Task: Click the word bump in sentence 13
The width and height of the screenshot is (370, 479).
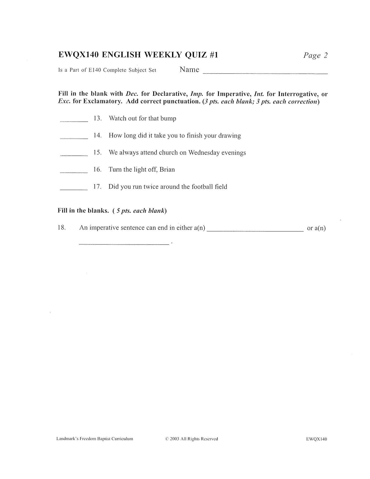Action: pyautogui.click(x=168, y=119)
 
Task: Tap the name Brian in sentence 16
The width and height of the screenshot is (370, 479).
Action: pyautogui.click(x=167, y=170)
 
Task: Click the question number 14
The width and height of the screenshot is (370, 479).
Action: pyautogui.click(x=98, y=136)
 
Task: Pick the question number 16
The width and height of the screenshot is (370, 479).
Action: pyautogui.click(x=98, y=170)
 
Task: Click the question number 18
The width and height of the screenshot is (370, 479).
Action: pyautogui.click(x=62, y=228)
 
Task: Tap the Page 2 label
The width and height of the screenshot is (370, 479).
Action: pyautogui.click(x=315, y=55)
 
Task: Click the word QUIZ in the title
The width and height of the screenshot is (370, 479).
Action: pyautogui.click(x=196, y=55)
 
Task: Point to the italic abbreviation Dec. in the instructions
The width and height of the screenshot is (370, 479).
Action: pyautogui.click(x=132, y=94)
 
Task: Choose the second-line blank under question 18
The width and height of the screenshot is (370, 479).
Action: pyautogui.click(x=124, y=244)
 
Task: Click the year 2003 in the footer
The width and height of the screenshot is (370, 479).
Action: pyautogui.click(x=174, y=439)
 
